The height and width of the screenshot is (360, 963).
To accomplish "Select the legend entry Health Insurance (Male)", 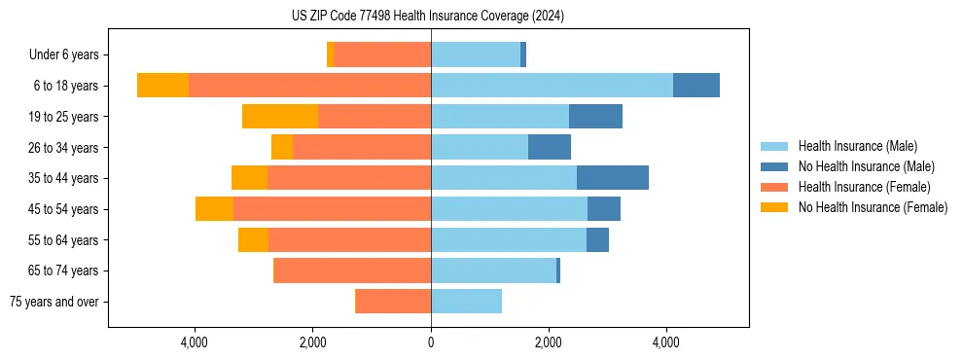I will [857, 146].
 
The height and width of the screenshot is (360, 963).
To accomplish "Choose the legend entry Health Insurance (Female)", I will [864, 187].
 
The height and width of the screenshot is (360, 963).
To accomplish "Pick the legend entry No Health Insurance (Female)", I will [873, 207].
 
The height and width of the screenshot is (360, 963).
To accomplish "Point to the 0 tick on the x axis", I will [431, 342].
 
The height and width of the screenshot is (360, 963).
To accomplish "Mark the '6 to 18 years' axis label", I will [65, 86].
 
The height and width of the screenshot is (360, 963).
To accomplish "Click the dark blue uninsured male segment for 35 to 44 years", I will [612, 178].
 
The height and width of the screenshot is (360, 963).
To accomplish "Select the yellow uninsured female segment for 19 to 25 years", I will [280, 117].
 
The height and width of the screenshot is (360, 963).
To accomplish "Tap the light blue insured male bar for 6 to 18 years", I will [552, 86].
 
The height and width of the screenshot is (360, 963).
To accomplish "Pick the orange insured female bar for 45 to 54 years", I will [332, 209].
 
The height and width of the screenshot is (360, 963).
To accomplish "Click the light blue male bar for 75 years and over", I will [466, 302].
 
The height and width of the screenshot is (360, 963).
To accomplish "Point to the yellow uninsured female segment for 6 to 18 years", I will [162, 86].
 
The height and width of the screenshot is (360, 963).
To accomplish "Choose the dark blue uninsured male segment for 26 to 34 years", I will [549, 147].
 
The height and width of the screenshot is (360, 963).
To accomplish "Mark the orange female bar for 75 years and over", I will [393, 302].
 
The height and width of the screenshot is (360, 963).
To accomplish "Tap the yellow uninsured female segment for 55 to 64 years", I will [253, 240].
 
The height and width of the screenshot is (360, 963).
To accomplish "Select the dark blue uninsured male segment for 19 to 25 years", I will [595, 117].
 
